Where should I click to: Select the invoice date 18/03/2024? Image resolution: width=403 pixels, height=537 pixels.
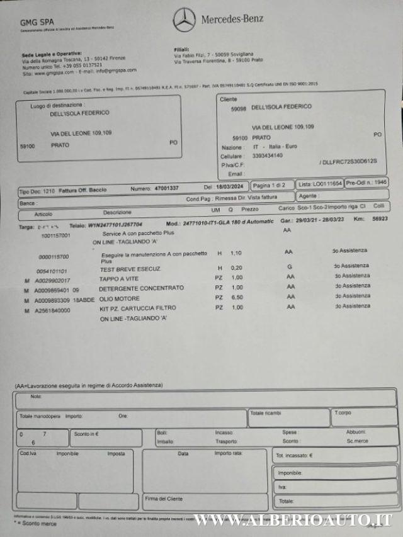point(230,187)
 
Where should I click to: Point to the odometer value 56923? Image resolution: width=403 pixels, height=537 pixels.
point(380,219)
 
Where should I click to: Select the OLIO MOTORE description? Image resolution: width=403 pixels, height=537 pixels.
point(117,297)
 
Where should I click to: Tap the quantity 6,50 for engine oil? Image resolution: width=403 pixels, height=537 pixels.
point(237,297)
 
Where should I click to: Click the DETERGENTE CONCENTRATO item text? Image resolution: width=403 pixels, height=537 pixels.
point(133,288)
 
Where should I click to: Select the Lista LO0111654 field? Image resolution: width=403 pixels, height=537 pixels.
point(319,184)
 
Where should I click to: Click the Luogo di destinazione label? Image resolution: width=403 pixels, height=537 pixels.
point(58,105)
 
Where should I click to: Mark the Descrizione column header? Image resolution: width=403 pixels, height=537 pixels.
point(117,212)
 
